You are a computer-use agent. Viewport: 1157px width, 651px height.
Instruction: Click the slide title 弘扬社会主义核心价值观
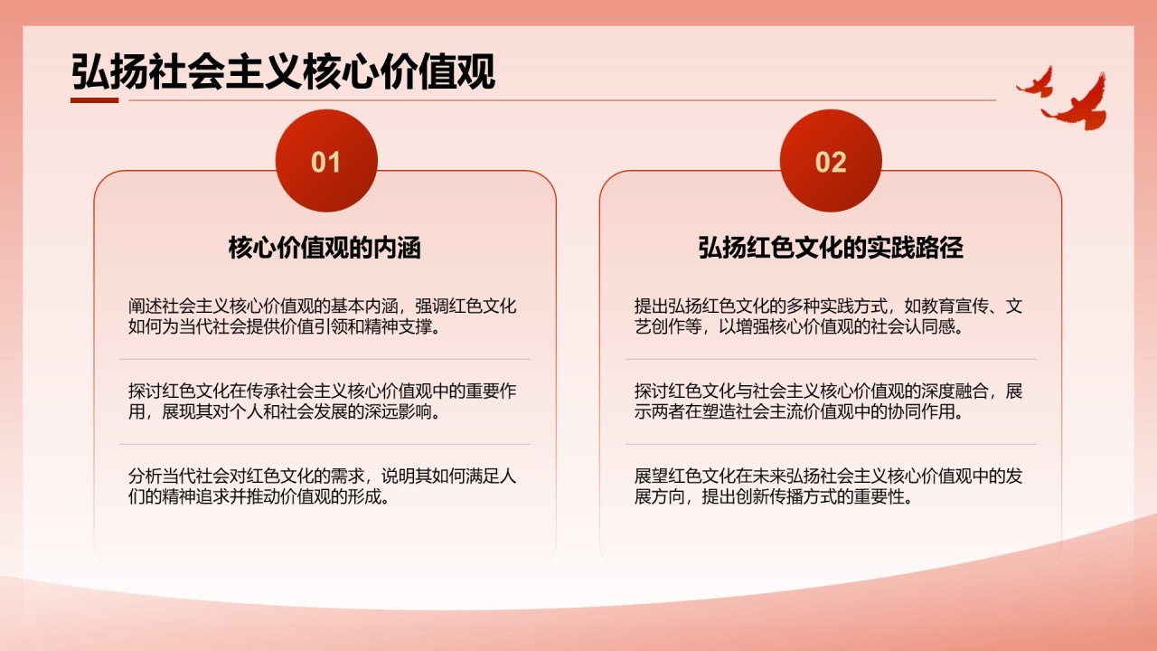pyautogui.click(x=283, y=71)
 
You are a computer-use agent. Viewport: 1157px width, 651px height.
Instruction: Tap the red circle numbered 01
pyautogui.click(x=326, y=161)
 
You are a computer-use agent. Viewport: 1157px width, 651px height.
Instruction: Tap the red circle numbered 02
pyautogui.click(x=831, y=161)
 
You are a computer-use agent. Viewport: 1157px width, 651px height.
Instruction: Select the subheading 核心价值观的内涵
pyautogui.click(x=325, y=248)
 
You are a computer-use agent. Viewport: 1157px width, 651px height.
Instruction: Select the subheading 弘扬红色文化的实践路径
pyautogui.click(x=831, y=248)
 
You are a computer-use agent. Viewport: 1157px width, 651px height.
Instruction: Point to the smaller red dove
pyautogui.click(x=1036, y=82)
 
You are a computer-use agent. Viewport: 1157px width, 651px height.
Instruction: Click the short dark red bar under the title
pyautogui.click(x=95, y=100)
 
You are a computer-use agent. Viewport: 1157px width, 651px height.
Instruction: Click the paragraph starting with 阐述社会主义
pyautogui.click(x=323, y=316)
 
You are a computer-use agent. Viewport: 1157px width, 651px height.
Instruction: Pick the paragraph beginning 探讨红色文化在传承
pyautogui.click(x=323, y=401)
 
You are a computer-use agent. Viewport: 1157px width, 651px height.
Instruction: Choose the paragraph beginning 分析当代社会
pyautogui.click(x=323, y=486)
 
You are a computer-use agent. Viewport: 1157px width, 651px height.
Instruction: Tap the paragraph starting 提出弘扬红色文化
pyautogui.click(x=829, y=316)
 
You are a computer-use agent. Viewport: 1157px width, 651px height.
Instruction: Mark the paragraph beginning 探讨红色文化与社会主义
pyautogui.click(x=829, y=401)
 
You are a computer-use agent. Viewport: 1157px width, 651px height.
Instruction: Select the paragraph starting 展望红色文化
pyautogui.click(x=829, y=486)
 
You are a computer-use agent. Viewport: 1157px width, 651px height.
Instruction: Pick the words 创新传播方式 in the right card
pyautogui.click(x=769, y=496)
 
